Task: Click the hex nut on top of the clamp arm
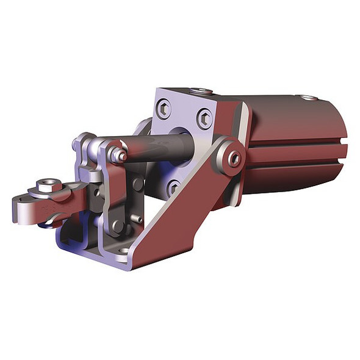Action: click(x=48, y=185)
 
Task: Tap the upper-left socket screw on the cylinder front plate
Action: click(x=164, y=110)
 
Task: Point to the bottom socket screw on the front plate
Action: click(x=173, y=186)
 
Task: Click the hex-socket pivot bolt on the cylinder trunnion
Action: click(x=233, y=158)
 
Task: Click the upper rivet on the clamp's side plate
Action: click(x=137, y=183)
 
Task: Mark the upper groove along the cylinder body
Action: click(x=299, y=146)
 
